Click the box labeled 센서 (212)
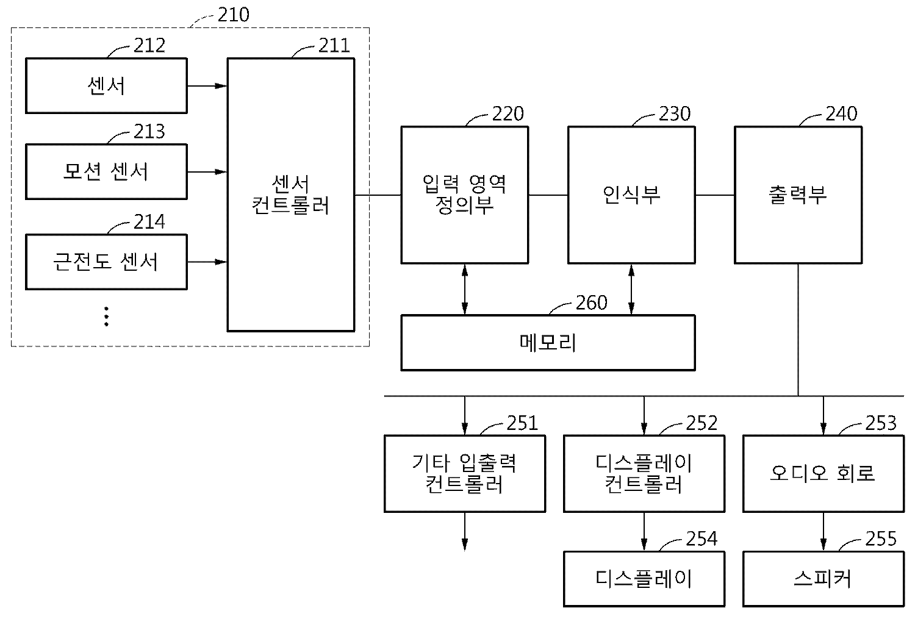click(106, 85)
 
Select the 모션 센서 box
click(106, 171)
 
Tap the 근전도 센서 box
click(106, 262)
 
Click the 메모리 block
click(547, 342)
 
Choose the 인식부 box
click(631, 195)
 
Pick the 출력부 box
click(798, 195)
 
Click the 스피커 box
click(823, 579)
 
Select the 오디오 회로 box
click(823, 473)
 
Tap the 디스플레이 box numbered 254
click(644, 579)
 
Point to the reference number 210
click(233, 15)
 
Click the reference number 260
click(591, 303)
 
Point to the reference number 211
click(334, 46)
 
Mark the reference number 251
click(522, 423)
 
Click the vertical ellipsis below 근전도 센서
click(106, 317)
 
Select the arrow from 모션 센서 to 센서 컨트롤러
click(207, 172)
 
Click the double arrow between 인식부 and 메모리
click(631, 289)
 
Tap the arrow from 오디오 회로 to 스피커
click(823, 531)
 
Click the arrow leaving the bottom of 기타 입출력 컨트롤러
click(465, 531)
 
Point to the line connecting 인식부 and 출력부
click(714, 195)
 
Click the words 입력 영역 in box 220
click(464, 183)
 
